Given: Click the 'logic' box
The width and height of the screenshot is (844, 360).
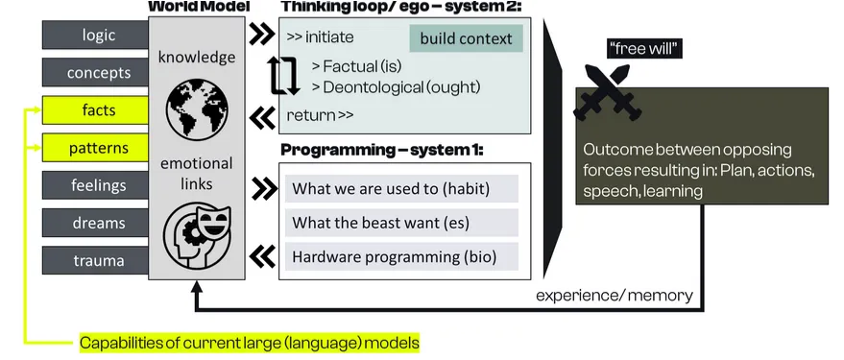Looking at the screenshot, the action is (x=95, y=35).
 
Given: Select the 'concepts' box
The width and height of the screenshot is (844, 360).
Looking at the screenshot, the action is (x=95, y=73).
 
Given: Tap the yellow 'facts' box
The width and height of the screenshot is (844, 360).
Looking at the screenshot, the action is (x=95, y=110).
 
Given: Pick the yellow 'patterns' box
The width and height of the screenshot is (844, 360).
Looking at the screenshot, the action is (x=95, y=148).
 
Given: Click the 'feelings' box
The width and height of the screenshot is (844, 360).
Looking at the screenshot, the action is (x=95, y=185).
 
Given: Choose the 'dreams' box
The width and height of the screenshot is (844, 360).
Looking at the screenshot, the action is (x=95, y=224).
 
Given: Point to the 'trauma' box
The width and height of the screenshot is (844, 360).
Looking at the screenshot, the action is (x=95, y=261).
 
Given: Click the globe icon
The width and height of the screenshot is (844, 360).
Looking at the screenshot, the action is (x=195, y=111).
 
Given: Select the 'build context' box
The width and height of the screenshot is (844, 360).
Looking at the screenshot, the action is (x=466, y=38).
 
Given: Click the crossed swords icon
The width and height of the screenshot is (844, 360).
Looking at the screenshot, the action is (x=607, y=91).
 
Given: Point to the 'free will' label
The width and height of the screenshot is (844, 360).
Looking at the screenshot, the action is (x=644, y=49).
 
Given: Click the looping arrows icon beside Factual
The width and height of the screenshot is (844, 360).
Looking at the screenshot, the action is (x=284, y=75).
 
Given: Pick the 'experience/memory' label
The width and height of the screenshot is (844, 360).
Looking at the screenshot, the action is (x=615, y=295).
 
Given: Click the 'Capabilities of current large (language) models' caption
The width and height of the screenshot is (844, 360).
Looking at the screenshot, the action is (x=250, y=343).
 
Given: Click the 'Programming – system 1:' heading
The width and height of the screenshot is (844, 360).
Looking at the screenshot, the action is (x=382, y=150).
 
